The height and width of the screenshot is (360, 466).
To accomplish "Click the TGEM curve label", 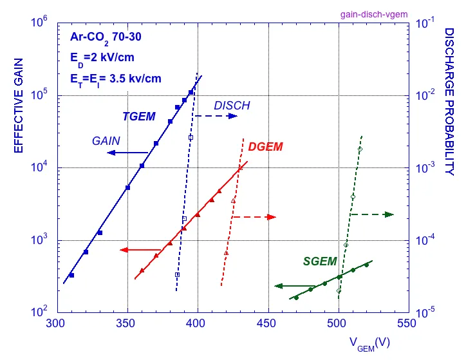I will [139, 117].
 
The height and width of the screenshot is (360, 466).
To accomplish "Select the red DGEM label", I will [265, 147].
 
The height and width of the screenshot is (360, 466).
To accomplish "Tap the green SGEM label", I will [320, 261].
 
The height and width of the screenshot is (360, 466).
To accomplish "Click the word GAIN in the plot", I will [106, 139].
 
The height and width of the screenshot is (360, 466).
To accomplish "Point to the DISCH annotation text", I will [232, 106].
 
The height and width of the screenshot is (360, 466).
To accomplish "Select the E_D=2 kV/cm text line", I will [102, 58].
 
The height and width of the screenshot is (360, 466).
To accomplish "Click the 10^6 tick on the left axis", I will [41, 23].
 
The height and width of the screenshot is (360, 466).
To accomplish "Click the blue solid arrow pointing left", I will [128, 153].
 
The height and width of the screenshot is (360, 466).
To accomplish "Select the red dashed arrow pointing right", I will [254, 217].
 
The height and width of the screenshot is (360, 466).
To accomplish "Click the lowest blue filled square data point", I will [71, 276].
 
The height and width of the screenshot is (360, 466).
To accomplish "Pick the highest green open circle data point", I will [360, 149].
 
